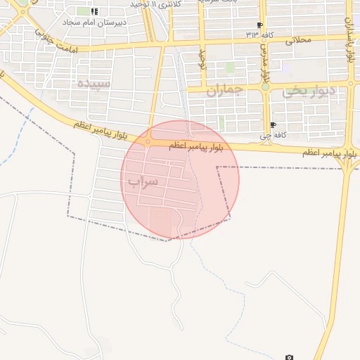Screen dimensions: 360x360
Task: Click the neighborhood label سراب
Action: tap(143, 181)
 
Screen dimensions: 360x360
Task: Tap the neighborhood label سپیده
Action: tap(91, 84)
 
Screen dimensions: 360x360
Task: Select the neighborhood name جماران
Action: tap(225, 91)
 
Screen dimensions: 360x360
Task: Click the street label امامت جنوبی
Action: tap(52, 42)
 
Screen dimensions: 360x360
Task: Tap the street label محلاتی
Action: tap(298, 40)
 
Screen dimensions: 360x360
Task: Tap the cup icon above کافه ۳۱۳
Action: tap(260, 25)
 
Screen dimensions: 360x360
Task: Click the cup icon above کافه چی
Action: tap(273, 125)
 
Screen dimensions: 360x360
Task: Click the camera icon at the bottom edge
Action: tap(289, 357)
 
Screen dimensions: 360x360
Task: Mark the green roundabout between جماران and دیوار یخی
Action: tap(265, 87)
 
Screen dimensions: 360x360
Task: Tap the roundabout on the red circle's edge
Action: tap(148, 141)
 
